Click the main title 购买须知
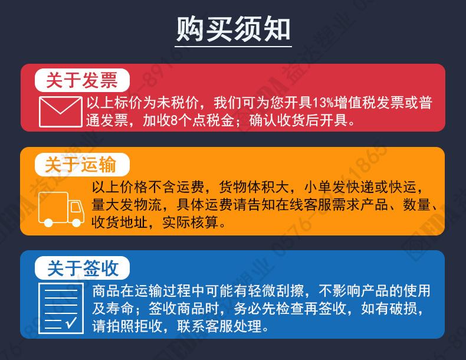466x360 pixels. (x=234, y=28)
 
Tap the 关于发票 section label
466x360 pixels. (x=81, y=80)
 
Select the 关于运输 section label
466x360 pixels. (x=81, y=163)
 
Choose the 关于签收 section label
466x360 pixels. (x=82, y=269)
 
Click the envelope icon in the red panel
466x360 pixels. (x=60, y=112)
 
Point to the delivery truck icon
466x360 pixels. (x=61, y=210)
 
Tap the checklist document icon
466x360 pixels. (x=61, y=307)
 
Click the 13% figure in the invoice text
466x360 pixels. (x=321, y=103)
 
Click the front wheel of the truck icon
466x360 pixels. (x=76, y=221)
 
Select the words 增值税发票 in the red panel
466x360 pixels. (x=368, y=103)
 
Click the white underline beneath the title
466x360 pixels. (x=234, y=46)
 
